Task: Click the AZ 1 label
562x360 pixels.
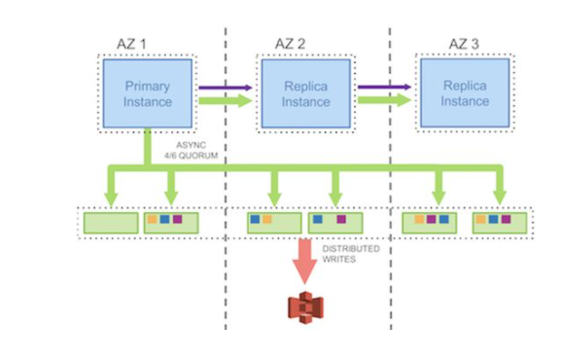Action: coord(131,44)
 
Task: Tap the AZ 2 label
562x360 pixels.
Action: coord(291,44)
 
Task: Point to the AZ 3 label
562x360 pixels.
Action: coord(464,44)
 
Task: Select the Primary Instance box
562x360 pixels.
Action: coord(148,93)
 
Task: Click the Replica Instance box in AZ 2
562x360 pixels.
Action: coord(305,93)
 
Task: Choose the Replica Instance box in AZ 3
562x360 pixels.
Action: coord(465,93)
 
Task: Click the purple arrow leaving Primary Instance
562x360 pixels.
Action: coord(226,88)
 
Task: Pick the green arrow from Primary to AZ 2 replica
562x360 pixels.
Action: coord(226,101)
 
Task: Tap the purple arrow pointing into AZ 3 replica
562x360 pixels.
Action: coord(384,87)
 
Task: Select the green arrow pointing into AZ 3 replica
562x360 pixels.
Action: coord(384,100)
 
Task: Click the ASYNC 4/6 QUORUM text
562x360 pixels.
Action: coord(191,150)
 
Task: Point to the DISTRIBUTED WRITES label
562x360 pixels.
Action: coord(351,254)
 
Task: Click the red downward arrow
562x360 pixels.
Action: coord(305,261)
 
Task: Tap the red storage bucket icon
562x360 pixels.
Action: coord(305,307)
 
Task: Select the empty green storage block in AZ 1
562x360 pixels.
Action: coord(111,223)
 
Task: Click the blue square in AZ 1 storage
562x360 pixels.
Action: coord(165,219)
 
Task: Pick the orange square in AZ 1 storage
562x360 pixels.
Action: coord(153,219)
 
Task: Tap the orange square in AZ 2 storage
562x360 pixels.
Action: coord(267,219)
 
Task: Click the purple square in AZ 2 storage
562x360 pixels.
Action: coord(341,219)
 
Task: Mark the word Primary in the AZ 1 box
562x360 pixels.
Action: coord(148,87)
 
